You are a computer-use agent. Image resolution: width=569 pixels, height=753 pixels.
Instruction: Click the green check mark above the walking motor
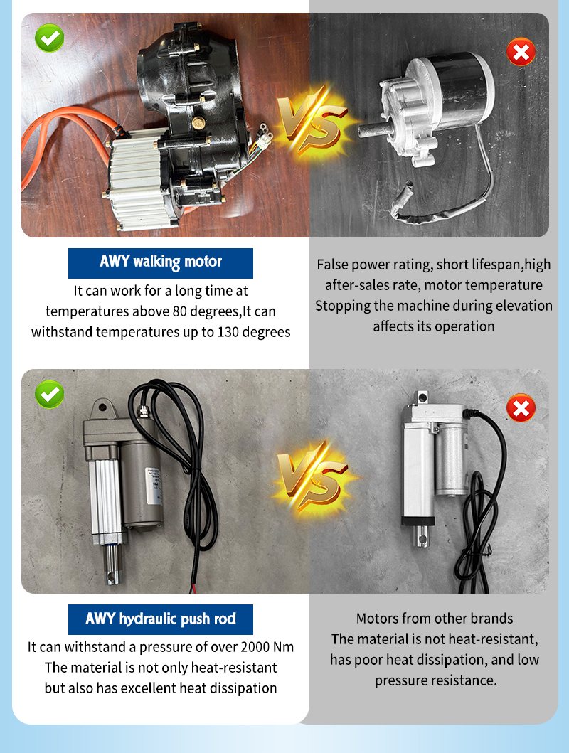pos(50,38)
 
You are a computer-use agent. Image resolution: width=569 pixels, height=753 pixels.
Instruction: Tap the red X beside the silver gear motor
pos(521,52)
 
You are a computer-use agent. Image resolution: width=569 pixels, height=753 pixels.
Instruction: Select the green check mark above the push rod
pos(50,394)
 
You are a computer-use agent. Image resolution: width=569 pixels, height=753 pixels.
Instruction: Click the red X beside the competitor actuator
pos(521,408)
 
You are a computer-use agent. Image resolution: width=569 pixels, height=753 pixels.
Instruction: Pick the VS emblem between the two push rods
pos(313,476)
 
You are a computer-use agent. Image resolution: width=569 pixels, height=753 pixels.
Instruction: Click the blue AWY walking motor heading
pos(160,263)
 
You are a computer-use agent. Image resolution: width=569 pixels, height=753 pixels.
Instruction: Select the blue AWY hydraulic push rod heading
pos(160,619)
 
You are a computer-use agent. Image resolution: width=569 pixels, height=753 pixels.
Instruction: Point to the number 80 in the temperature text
pos(179,311)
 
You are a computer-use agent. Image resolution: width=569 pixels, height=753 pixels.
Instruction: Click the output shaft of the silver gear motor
pos(373,129)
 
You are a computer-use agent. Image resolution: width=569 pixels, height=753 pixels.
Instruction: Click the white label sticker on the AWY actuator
pos(154,484)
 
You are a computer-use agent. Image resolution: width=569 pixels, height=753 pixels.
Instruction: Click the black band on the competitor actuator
pos(418,521)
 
